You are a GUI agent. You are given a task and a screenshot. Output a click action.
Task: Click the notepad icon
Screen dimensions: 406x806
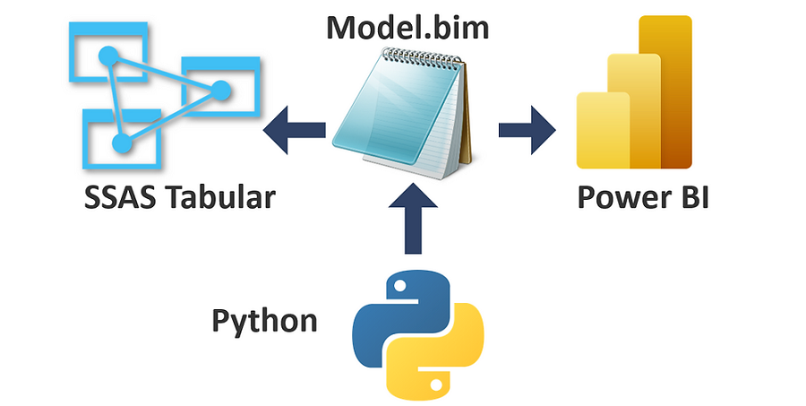(x=403, y=112)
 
